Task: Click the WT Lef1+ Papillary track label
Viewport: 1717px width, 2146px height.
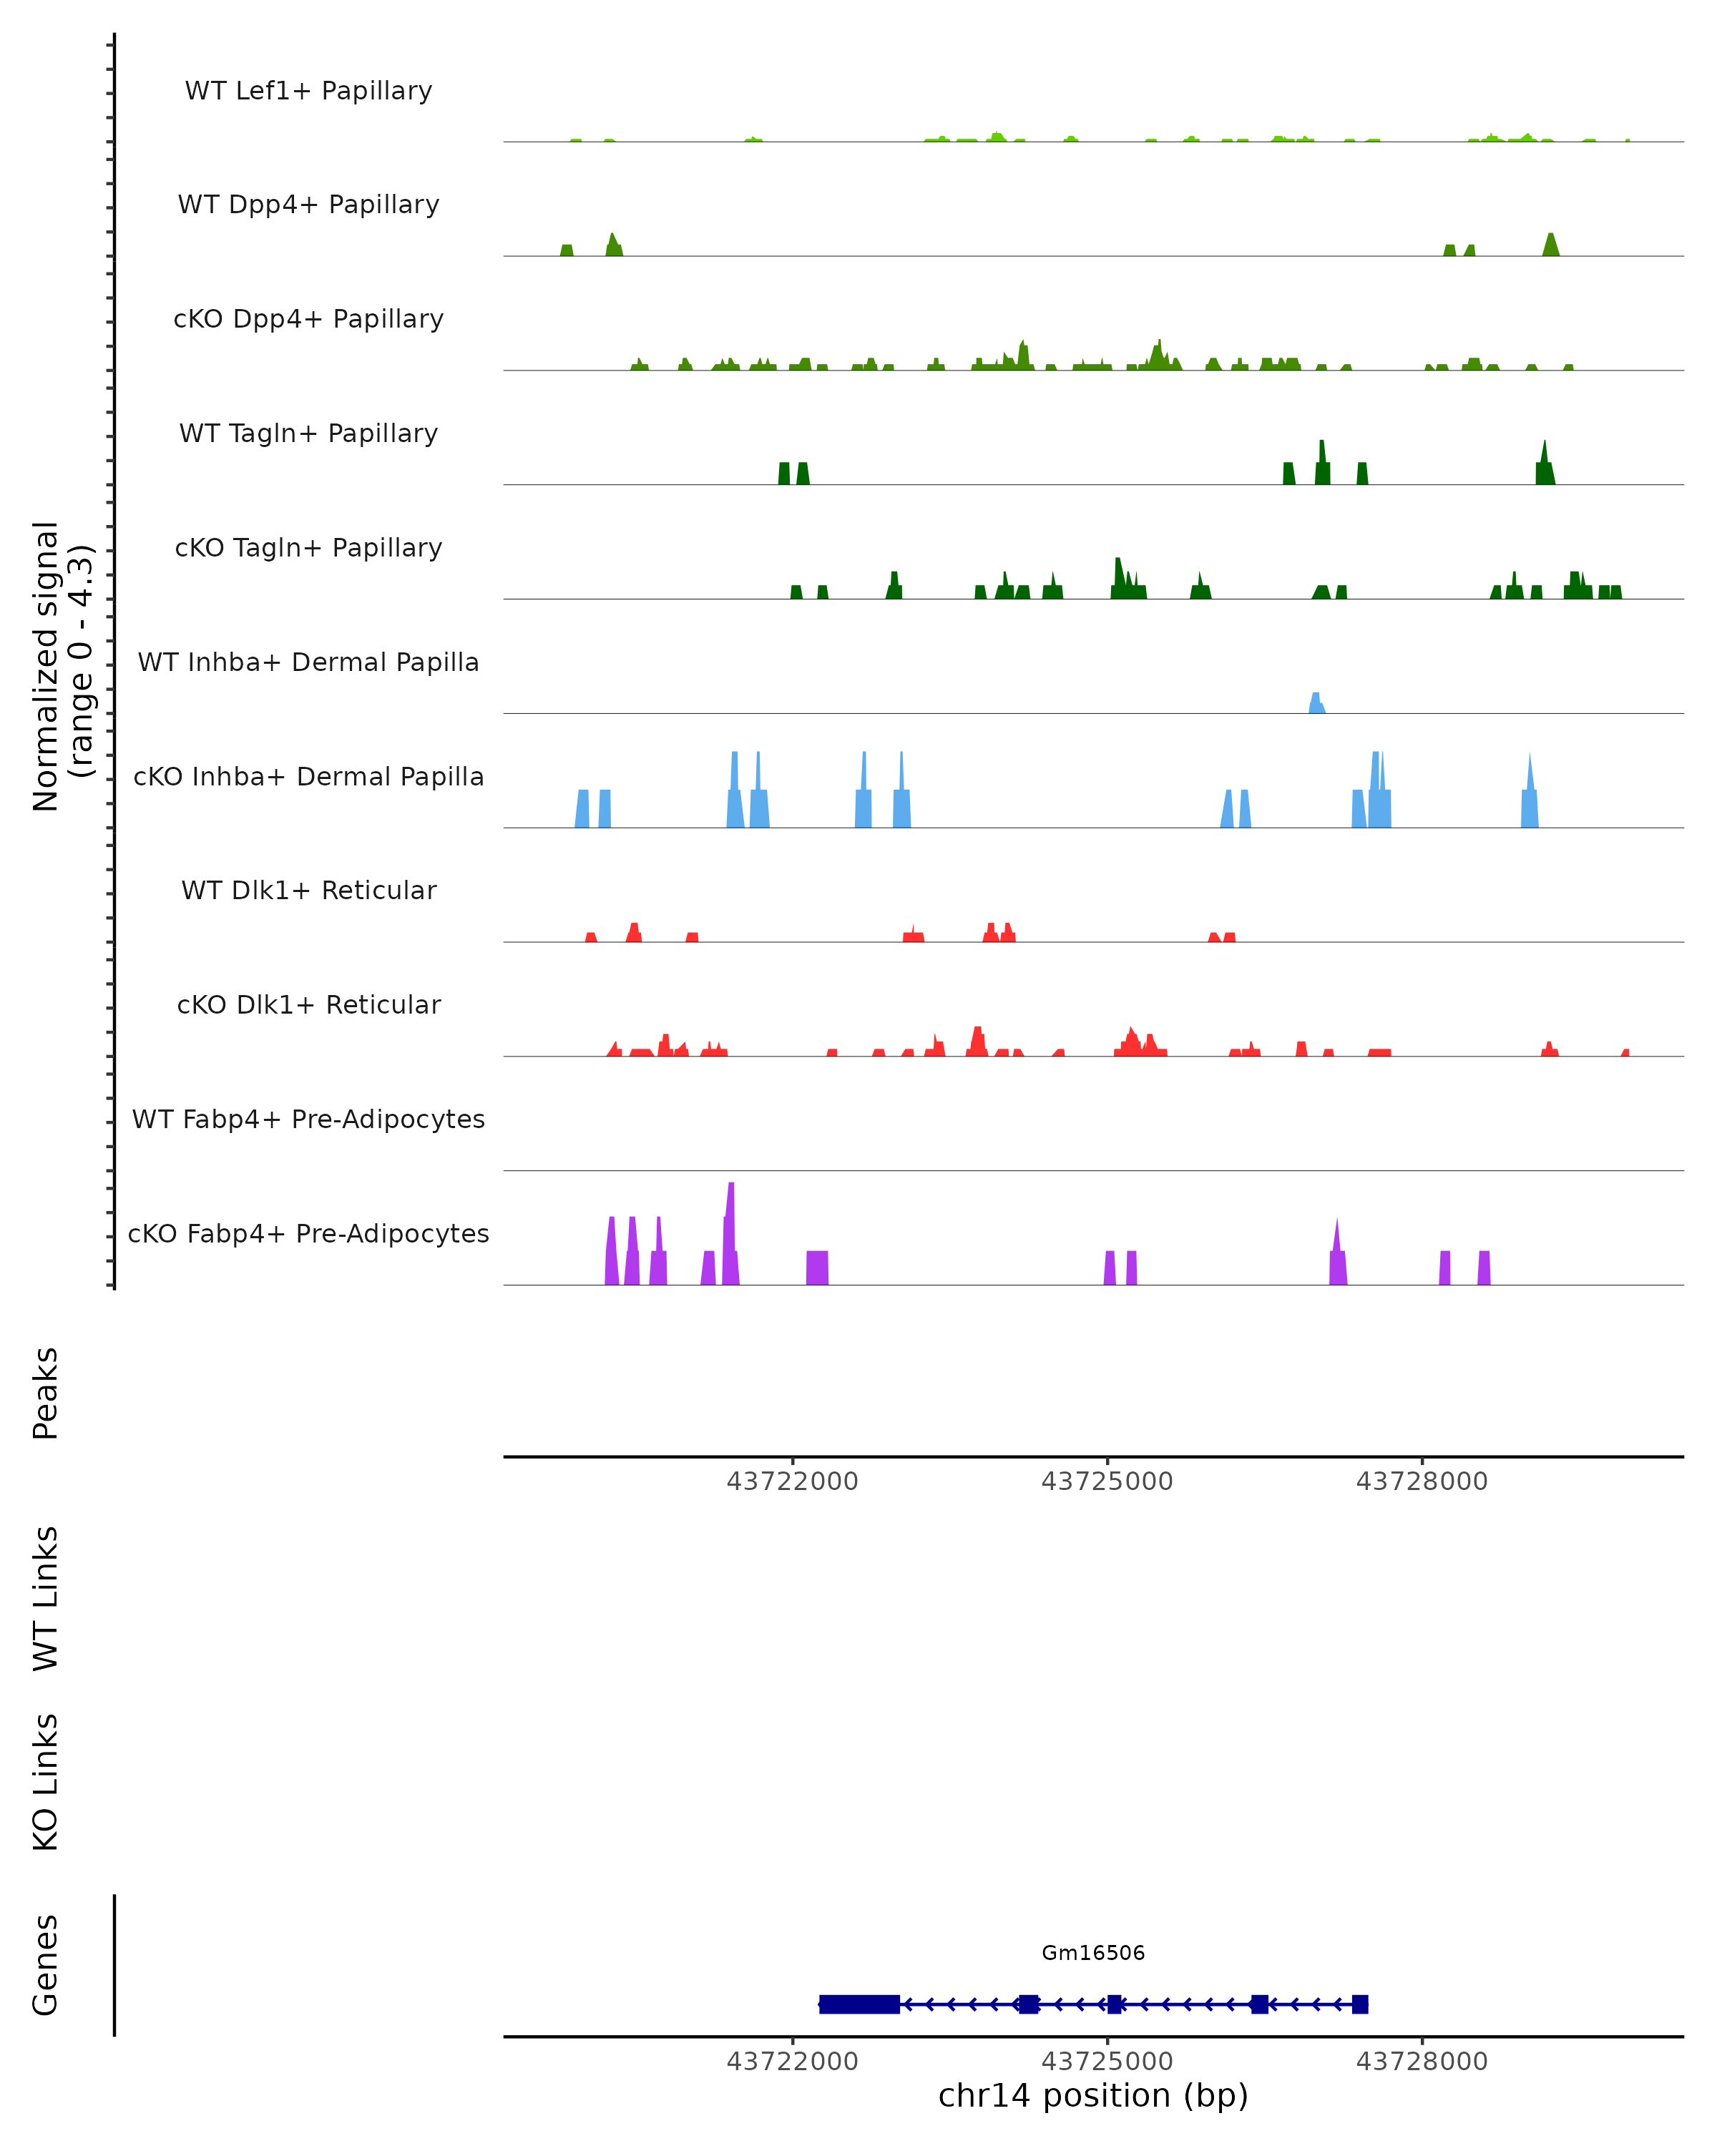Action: pos(308,91)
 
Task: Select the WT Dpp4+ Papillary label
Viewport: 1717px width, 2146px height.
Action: pos(308,205)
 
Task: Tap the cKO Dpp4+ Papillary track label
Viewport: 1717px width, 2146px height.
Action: pos(308,320)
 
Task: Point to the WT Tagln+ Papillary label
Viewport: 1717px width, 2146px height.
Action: pos(308,434)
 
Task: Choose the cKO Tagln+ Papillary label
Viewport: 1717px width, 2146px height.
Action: pos(308,549)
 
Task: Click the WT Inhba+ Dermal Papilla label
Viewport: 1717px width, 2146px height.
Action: pos(308,663)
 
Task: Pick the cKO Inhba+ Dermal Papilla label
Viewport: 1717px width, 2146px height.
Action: pos(308,778)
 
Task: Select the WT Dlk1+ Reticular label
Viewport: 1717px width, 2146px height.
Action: pos(308,891)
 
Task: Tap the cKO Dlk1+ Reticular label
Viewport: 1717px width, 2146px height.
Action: pos(308,1005)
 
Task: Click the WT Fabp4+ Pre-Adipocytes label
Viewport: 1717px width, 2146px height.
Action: pos(308,1119)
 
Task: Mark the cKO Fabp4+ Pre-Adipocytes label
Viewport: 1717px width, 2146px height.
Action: pos(308,1234)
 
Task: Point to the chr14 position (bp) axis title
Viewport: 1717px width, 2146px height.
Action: pos(1093,2095)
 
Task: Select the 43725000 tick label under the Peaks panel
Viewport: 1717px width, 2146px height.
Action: pos(1107,1482)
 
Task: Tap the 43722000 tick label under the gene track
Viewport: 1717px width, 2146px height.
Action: pos(792,2062)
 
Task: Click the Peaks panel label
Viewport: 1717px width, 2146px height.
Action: pos(46,1393)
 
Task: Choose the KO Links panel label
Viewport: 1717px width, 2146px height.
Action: pos(46,1783)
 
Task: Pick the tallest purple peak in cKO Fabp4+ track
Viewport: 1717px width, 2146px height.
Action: pos(730,1234)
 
